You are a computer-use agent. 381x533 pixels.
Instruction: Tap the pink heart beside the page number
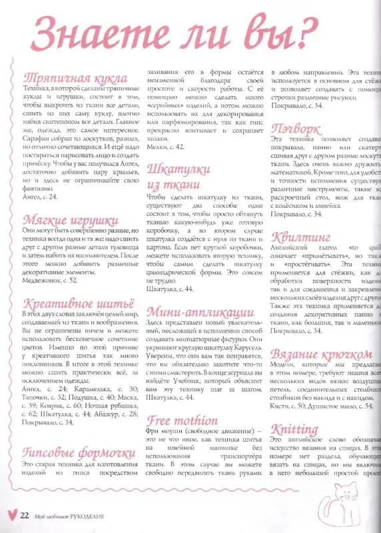coord(10,515)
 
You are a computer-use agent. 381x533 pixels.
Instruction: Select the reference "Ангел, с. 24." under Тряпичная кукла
coord(40,197)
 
